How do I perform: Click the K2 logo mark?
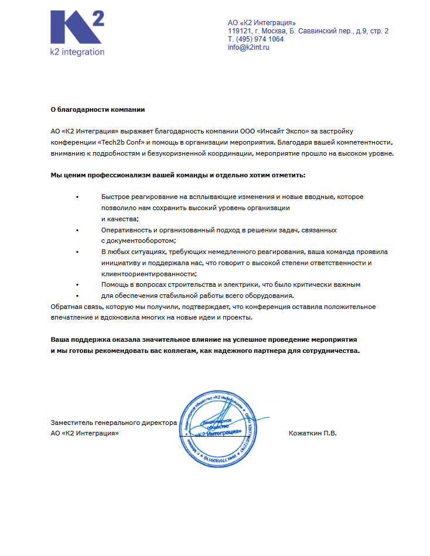pos(77,28)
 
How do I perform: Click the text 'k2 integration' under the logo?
pos(77,52)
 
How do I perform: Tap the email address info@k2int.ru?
pos(248,47)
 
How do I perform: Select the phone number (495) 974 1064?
pos(259,39)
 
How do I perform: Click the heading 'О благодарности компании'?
pos(97,109)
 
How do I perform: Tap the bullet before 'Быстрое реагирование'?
pos(77,197)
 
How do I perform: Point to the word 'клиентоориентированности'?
pos(148,273)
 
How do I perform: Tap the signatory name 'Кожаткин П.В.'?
pos(312,433)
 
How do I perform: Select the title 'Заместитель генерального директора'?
pos(114,422)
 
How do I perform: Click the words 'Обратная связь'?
pos(74,307)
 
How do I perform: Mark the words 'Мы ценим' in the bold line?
pos(67,175)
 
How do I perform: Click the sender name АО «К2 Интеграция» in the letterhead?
pos(261,22)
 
